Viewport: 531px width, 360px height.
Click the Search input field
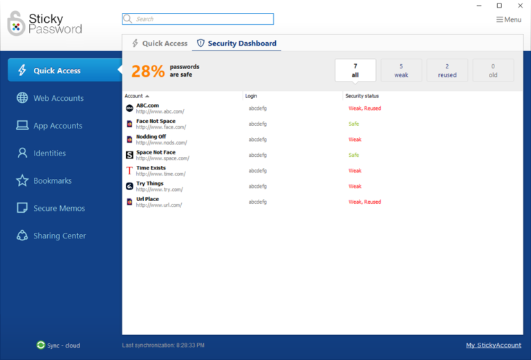pos(201,19)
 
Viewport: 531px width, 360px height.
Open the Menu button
pos(509,19)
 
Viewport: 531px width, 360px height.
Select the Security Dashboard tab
pos(236,44)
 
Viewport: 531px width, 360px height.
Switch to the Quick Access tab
pos(159,44)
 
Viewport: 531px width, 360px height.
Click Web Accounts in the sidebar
pos(58,98)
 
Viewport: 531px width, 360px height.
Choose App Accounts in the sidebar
pos(57,126)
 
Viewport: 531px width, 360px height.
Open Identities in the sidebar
pos(50,153)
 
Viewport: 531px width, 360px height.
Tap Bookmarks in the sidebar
pos(53,181)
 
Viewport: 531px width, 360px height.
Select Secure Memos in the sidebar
pos(59,208)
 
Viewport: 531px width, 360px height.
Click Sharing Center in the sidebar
pos(59,236)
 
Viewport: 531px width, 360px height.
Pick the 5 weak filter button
pos(401,70)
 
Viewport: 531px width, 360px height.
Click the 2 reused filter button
pos(447,70)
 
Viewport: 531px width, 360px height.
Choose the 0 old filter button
pos(493,70)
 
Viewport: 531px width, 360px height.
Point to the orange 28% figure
pos(148,70)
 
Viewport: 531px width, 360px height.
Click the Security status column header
pos(362,96)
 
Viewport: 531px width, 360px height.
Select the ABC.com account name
pos(147,106)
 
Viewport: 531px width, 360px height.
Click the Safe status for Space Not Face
pos(354,155)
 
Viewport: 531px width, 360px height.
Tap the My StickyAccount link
pos(494,345)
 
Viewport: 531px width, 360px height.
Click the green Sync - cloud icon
pos(41,345)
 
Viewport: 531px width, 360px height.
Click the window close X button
pos(518,6)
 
